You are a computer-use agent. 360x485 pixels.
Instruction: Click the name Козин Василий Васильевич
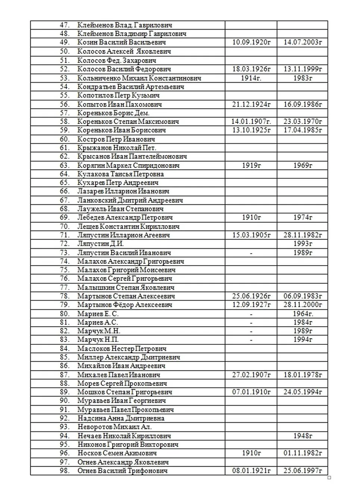click(x=121, y=43)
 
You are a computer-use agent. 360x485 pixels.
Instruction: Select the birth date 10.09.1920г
click(x=251, y=42)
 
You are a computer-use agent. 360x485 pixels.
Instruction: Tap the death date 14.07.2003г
click(x=302, y=42)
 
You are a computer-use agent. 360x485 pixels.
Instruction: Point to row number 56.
click(x=65, y=104)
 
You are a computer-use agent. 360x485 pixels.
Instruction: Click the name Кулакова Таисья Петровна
click(x=120, y=174)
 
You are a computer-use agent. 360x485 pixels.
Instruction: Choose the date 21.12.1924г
click(x=251, y=104)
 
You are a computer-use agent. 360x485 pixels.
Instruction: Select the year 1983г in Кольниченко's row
click(x=302, y=78)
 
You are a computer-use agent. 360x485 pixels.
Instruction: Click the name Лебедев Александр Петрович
click(x=125, y=218)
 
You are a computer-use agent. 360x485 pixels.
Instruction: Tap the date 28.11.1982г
click(x=302, y=235)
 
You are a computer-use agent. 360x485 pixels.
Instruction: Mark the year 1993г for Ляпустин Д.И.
click(x=302, y=244)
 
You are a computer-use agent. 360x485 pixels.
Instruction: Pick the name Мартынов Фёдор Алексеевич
click(x=125, y=305)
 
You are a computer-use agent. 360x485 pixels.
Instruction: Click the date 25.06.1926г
click(x=251, y=296)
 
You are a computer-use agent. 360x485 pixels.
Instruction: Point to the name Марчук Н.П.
click(x=98, y=339)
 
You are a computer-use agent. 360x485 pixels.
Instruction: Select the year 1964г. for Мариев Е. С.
click(x=303, y=314)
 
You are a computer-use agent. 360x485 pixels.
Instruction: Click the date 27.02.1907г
click(x=251, y=375)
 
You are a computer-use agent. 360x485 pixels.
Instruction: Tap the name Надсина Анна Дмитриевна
click(x=121, y=418)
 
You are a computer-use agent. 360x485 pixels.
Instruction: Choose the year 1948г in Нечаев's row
click(x=302, y=436)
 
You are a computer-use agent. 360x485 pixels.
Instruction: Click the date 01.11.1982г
click(x=302, y=453)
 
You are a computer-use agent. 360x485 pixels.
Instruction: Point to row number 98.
click(x=65, y=471)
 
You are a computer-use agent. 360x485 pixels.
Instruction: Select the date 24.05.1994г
click(x=302, y=392)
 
